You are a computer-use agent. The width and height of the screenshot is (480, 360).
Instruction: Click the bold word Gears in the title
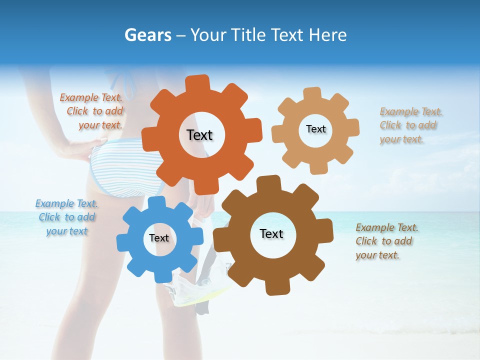pyautogui.click(x=147, y=35)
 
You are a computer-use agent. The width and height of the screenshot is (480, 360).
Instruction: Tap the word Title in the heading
pyautogui.click(x=248, y=35)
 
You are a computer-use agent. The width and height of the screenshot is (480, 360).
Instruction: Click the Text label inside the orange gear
pyautogui.click(x=199, y=135)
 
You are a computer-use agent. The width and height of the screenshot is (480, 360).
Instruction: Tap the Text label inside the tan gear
pyautogui.click(x=315, y=129)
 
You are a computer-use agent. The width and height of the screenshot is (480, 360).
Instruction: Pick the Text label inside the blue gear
pyautogui.click(x=158, y=238)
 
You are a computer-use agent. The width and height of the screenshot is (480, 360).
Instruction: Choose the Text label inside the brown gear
pyautogui.click(x=271, y=233)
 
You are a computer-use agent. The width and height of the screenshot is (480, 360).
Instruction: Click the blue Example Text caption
pyautogui.click(x=66, y=217)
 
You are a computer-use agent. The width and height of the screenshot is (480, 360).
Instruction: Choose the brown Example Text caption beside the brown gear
pyautogui.click(x=386, y=241)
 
